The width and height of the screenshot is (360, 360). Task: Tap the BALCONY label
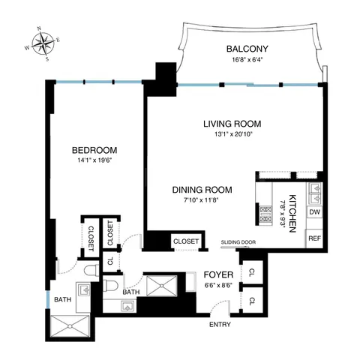point(248,50)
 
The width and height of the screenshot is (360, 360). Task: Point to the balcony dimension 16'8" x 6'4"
point(248,61)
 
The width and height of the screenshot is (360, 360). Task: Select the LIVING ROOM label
point(235,124)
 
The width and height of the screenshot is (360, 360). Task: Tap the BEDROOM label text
point(94,149)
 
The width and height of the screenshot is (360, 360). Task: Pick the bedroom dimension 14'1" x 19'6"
point(94,160)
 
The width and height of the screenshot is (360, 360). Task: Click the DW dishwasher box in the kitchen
point(316,212)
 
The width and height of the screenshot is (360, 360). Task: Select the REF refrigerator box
point(316,238)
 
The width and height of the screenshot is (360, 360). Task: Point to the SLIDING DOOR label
point(238,242)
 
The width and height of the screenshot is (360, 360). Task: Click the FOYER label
point(217,274)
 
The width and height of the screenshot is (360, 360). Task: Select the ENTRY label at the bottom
point(220,325)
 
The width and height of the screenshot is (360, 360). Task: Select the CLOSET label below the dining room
point(185,241)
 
